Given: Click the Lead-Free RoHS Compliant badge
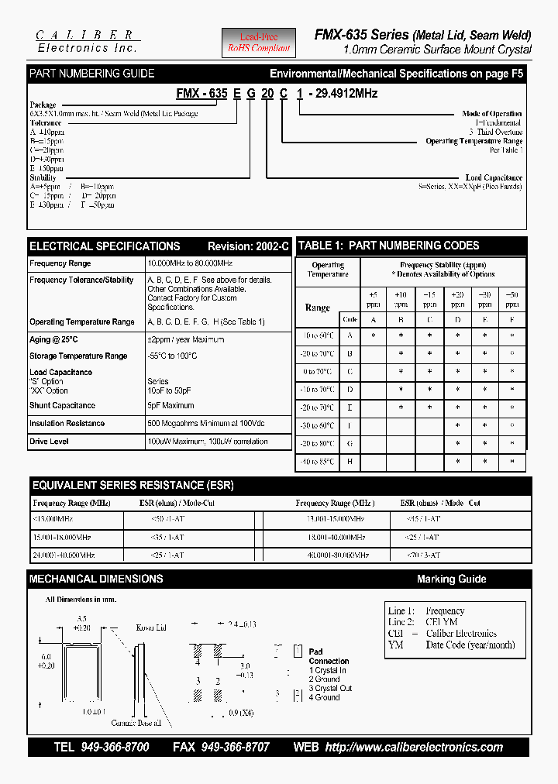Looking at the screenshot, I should pos(259,43).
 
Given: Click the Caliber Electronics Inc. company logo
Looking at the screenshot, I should pos(88,42).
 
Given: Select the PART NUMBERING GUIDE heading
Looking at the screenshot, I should pos(91,74).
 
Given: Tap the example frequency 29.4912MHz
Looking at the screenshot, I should pos(343,93).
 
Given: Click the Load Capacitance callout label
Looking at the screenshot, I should pos(494,177).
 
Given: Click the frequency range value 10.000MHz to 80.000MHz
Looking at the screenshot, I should pos(190,263).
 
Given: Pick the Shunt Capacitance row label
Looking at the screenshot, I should pos(63,405).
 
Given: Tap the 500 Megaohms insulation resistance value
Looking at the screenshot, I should pos(206,424).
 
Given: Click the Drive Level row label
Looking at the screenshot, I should pos(49,442).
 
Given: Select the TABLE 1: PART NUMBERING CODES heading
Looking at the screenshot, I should pos(389,246).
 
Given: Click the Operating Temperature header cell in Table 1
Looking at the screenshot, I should pos(328,270).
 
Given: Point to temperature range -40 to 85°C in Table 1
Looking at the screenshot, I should pos(318,462).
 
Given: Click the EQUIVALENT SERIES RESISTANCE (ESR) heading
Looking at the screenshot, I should pos(133,486).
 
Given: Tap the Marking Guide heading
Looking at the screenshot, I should pos(451,579).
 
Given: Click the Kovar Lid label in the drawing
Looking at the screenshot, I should pos(151,627).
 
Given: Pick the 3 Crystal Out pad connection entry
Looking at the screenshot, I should pos(330,688).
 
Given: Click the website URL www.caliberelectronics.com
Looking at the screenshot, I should pos(414,748).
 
